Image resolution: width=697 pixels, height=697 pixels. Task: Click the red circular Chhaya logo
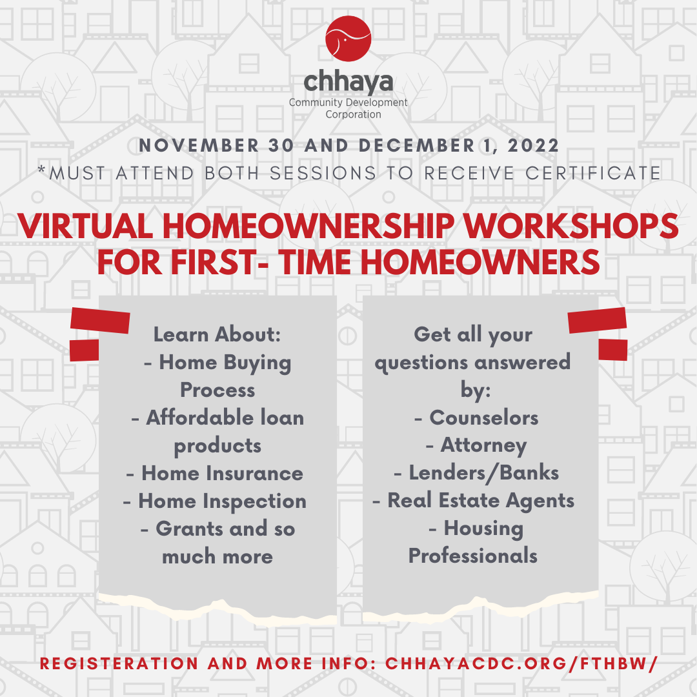[x=348, y=39]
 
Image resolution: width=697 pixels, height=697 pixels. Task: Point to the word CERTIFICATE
[x=589, y=173]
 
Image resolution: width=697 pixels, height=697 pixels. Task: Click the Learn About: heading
[x=217, y=334]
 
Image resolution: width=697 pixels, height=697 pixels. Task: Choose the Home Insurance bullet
[x=215, y=473]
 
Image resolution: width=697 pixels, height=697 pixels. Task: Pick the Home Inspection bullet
[x=214, y=501]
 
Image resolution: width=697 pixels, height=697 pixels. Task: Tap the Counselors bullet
[x=476, y=418]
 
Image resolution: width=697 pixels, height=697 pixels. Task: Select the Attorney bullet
[x=476, y=445]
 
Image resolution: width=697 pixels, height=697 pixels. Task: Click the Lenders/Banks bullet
[x=476, y=473]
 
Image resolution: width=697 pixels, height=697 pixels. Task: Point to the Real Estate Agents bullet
[x=474, y=501]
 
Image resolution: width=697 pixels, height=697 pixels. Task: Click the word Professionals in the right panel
[x=473, y=556]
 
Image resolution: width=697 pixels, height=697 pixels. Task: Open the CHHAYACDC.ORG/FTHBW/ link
[x=521, y=664]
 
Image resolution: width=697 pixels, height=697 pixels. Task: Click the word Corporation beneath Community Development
[x=353, y=114]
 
